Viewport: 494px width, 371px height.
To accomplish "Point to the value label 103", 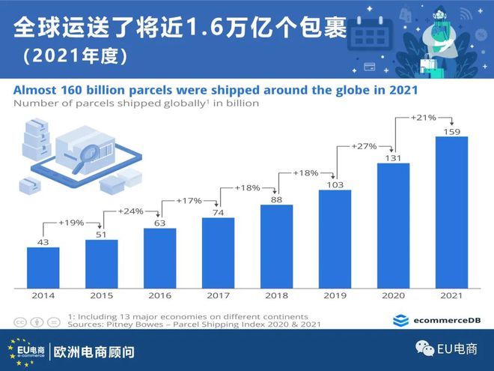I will (335, 184).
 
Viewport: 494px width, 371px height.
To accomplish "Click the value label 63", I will (159, 222).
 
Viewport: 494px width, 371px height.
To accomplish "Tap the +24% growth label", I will (130, 211).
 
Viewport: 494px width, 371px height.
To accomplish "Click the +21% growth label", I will (423, 118).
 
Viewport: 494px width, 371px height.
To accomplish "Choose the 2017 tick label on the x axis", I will (218, 296).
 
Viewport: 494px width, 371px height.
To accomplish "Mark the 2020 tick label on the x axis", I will (393, 296).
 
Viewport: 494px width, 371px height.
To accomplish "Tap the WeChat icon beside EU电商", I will (425, 349).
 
